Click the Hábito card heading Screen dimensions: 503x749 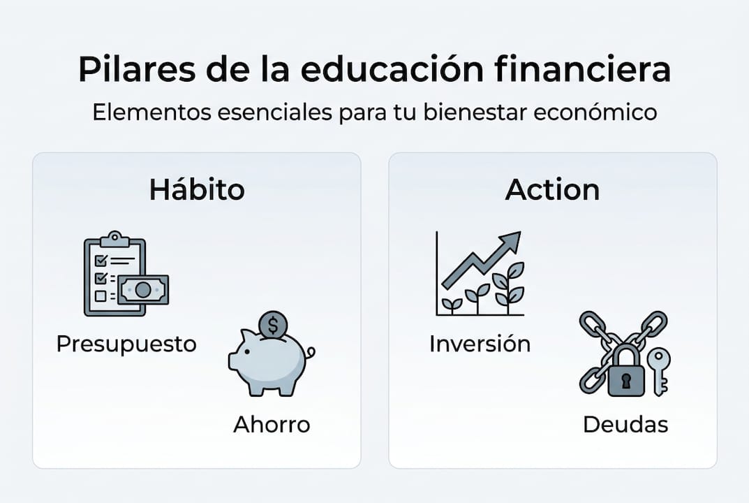point(197,189)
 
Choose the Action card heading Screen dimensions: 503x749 point(552,189)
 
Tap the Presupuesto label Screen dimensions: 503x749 point(126,344)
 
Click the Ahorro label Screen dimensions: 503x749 point(272,424)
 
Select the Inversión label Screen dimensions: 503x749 point(480,344)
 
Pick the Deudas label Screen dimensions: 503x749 point(625,424)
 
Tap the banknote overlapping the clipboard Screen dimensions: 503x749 point(143,289)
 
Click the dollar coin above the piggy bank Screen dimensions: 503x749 point(272,325)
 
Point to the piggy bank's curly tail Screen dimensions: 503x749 point(310,353)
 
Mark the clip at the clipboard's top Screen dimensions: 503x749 point(114,239)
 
